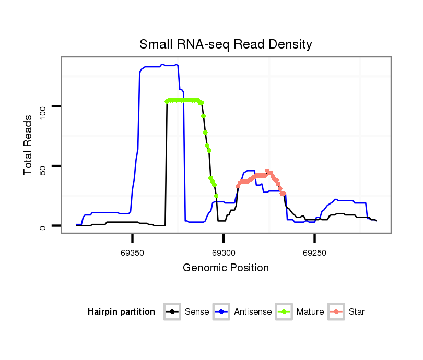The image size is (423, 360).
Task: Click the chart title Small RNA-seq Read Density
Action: (226, 44)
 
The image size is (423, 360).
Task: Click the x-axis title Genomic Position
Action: (226, 268)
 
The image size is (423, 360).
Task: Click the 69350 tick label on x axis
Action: (133, 252)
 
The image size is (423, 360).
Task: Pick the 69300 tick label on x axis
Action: (224, 252)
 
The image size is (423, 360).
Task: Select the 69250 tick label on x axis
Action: (314, 252)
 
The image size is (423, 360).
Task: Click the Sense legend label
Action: (197, 312)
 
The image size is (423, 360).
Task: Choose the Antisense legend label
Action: (253, 312)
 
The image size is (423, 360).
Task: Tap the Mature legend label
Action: (310, 312)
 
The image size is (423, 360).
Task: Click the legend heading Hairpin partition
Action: (121, 312)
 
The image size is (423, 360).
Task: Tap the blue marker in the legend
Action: (221, 312)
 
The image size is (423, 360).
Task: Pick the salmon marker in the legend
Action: (336, 312)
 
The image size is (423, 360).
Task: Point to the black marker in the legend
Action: (172, 312)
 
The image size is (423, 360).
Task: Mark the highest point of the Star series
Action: (267, 171)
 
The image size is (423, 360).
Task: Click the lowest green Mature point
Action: (216, 196)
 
